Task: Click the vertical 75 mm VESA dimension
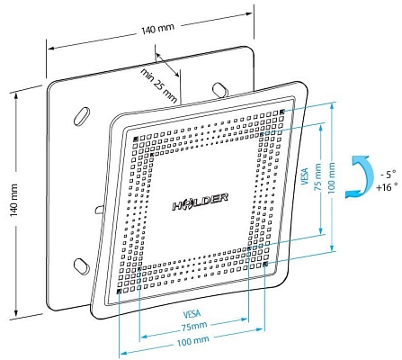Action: coord(317,179)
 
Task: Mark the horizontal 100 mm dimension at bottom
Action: coord(191,343)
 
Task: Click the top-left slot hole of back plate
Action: coord(80,116)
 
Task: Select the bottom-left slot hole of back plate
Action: coord(81,265)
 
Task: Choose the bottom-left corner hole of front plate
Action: coord(120,292)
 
